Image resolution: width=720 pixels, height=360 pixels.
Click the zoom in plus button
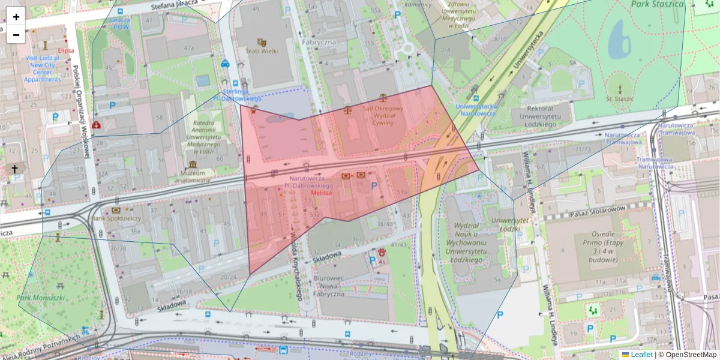16,17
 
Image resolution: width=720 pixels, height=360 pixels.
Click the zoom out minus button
16,35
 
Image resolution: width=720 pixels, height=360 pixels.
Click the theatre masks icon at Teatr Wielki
261,42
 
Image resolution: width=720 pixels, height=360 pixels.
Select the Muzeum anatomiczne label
191,176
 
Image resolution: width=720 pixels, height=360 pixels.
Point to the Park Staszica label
658,4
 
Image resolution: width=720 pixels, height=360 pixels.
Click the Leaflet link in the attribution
641,355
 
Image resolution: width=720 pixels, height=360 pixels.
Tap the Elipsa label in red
66,51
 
